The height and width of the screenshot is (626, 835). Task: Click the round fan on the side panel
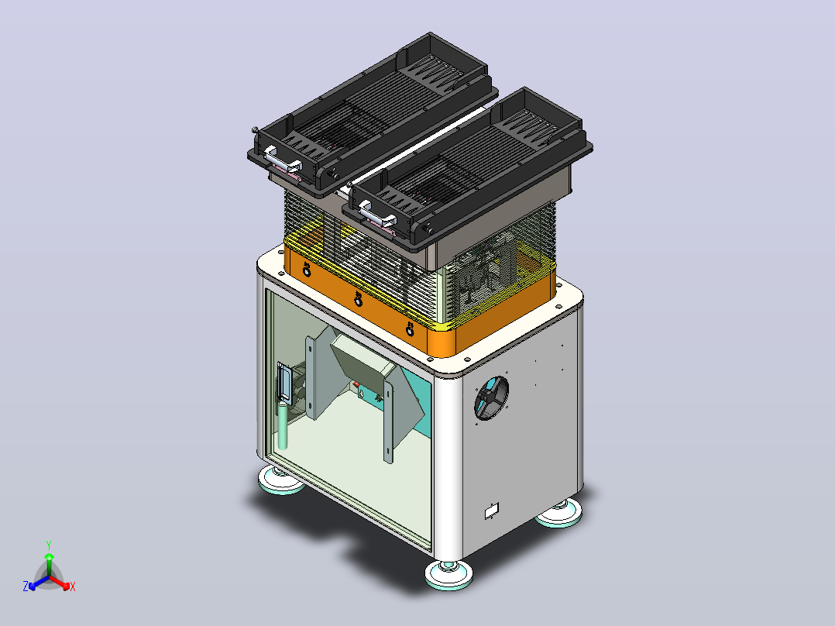[x=491, y=398]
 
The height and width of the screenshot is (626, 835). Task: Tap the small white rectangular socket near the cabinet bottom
[x=492, y=511]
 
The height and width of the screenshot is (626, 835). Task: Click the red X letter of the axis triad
[x=73, y=586]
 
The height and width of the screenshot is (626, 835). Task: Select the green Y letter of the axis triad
[x=49, y=545]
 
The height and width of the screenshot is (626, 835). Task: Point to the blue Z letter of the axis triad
[x=26, y=586]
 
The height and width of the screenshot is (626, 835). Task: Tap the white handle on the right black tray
[x=376, y=213]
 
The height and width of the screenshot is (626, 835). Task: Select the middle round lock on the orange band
[x=359, y=299]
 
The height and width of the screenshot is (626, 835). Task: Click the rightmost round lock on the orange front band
[x=410, y=328]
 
